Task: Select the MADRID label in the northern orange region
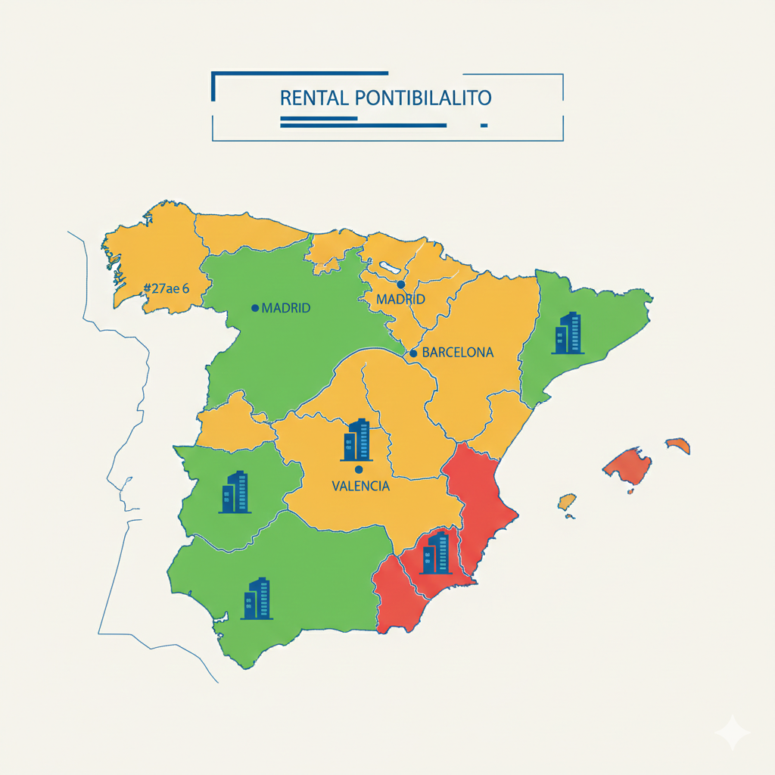[x=400, y=300]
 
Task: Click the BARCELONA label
[x=457, y=352]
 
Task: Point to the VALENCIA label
[x=361, y=486]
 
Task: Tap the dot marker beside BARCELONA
[x=413, y=353]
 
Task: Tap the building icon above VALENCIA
[x=356, y=440]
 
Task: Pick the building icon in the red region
[x=437, y=552]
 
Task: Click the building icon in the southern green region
[x=257, y=598]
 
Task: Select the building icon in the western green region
[x=235, y=492]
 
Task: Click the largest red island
[x=628, y=465]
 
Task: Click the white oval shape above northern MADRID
[x=391, y=268]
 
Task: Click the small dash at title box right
[x=484, y=125]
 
